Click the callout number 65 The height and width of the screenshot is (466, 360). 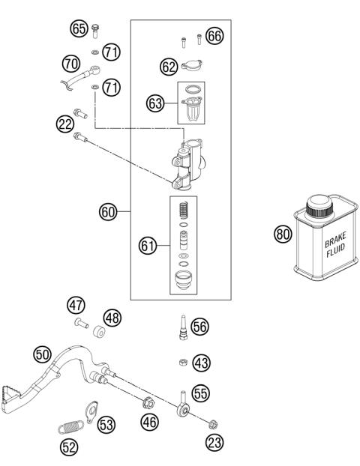(79, 29)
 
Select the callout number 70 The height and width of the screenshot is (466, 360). (72, 63)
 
